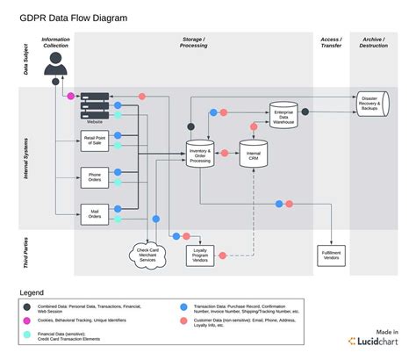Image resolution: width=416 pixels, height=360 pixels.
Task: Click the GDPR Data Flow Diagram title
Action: click(x=76, y=18)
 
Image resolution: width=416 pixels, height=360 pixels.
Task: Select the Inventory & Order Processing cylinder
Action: click(x=200, y=155)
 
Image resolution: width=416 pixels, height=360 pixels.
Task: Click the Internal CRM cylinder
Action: click(x=255, y=155)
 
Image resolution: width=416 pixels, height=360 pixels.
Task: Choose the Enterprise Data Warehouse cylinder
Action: click(x=283, y=116)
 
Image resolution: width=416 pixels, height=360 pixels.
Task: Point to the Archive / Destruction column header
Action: click(x=373, y=42)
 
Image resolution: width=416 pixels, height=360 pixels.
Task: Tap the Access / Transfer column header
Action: click(x=331, y=42)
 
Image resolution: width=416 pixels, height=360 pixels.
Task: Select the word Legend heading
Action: click(x=33, y=292)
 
